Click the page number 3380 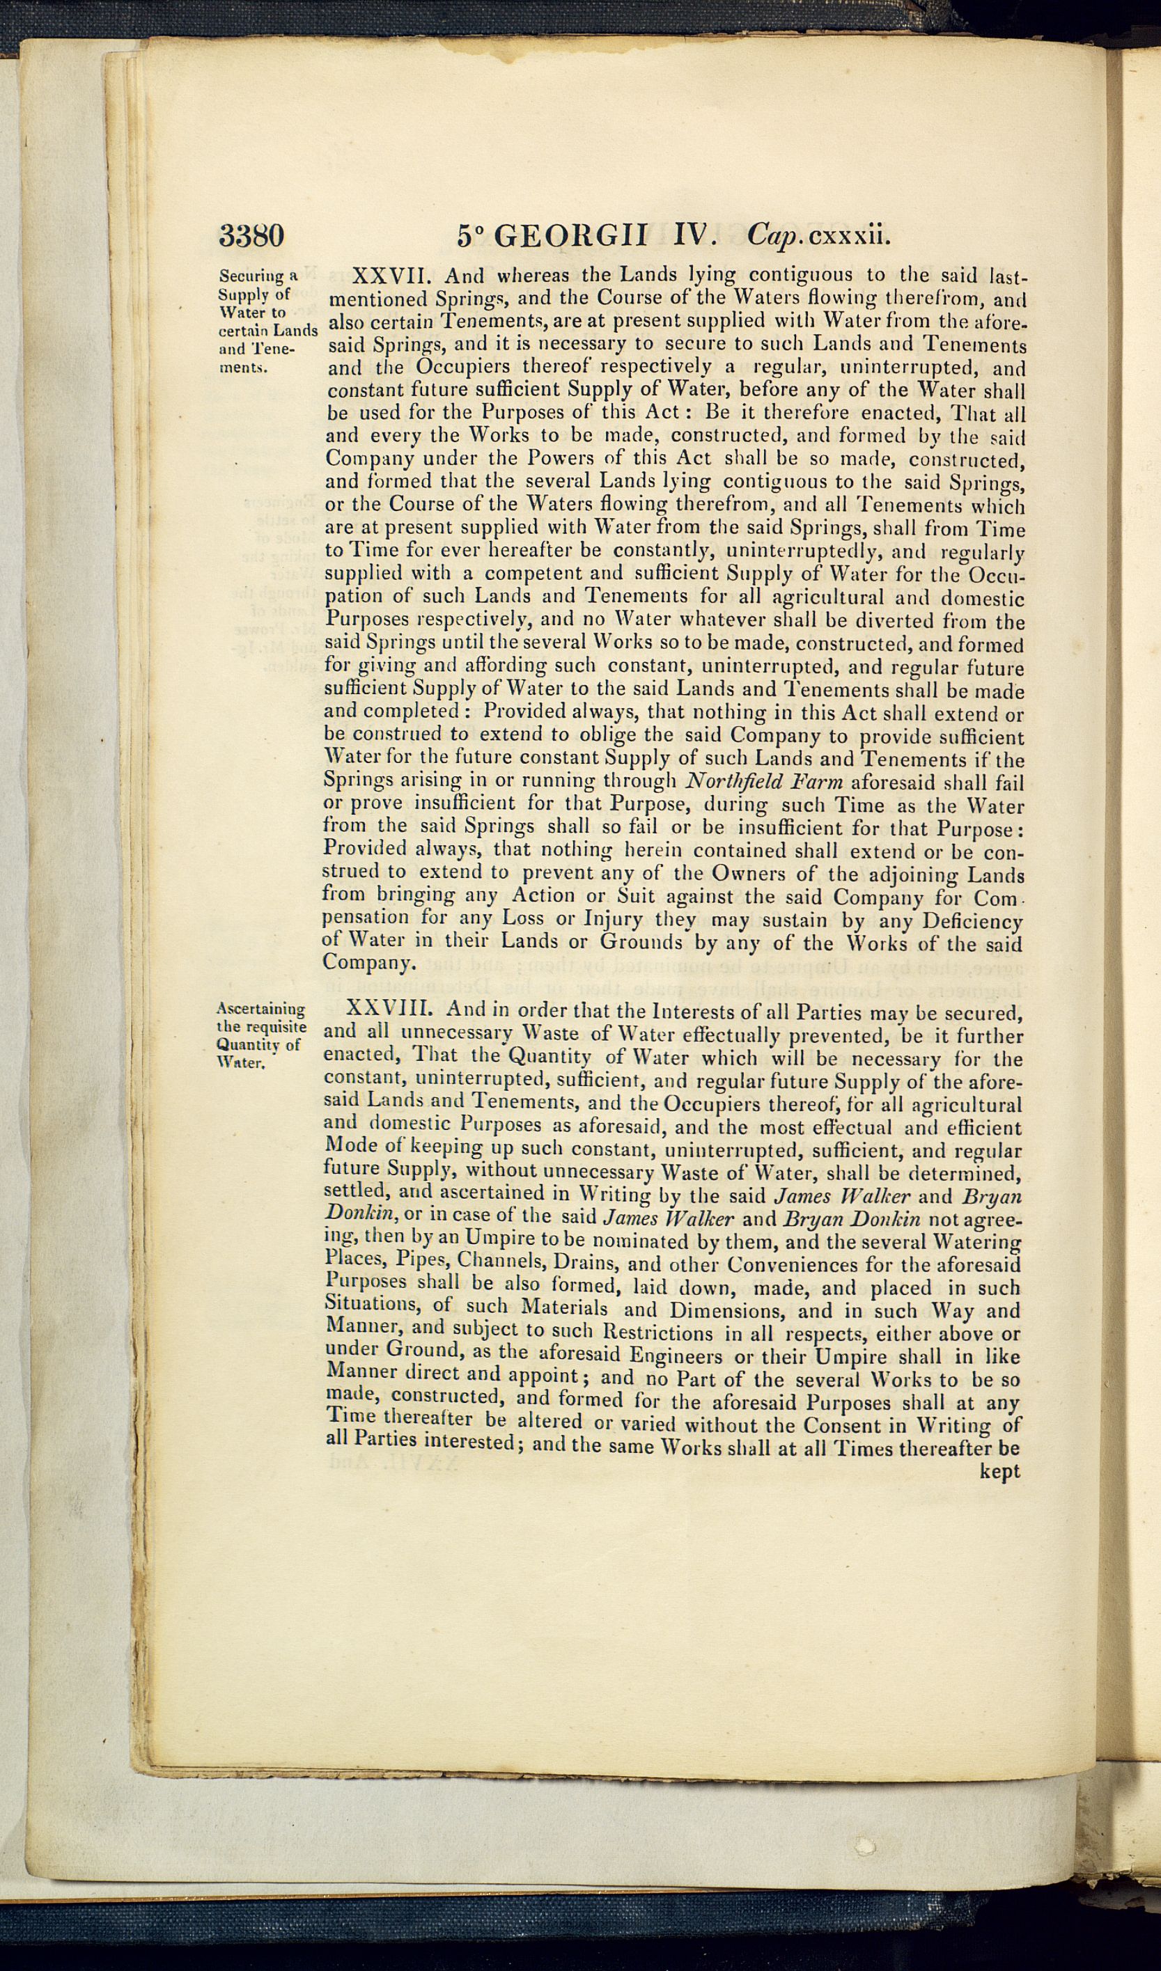tap(251, 235)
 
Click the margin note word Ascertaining tap(260, 1010)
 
